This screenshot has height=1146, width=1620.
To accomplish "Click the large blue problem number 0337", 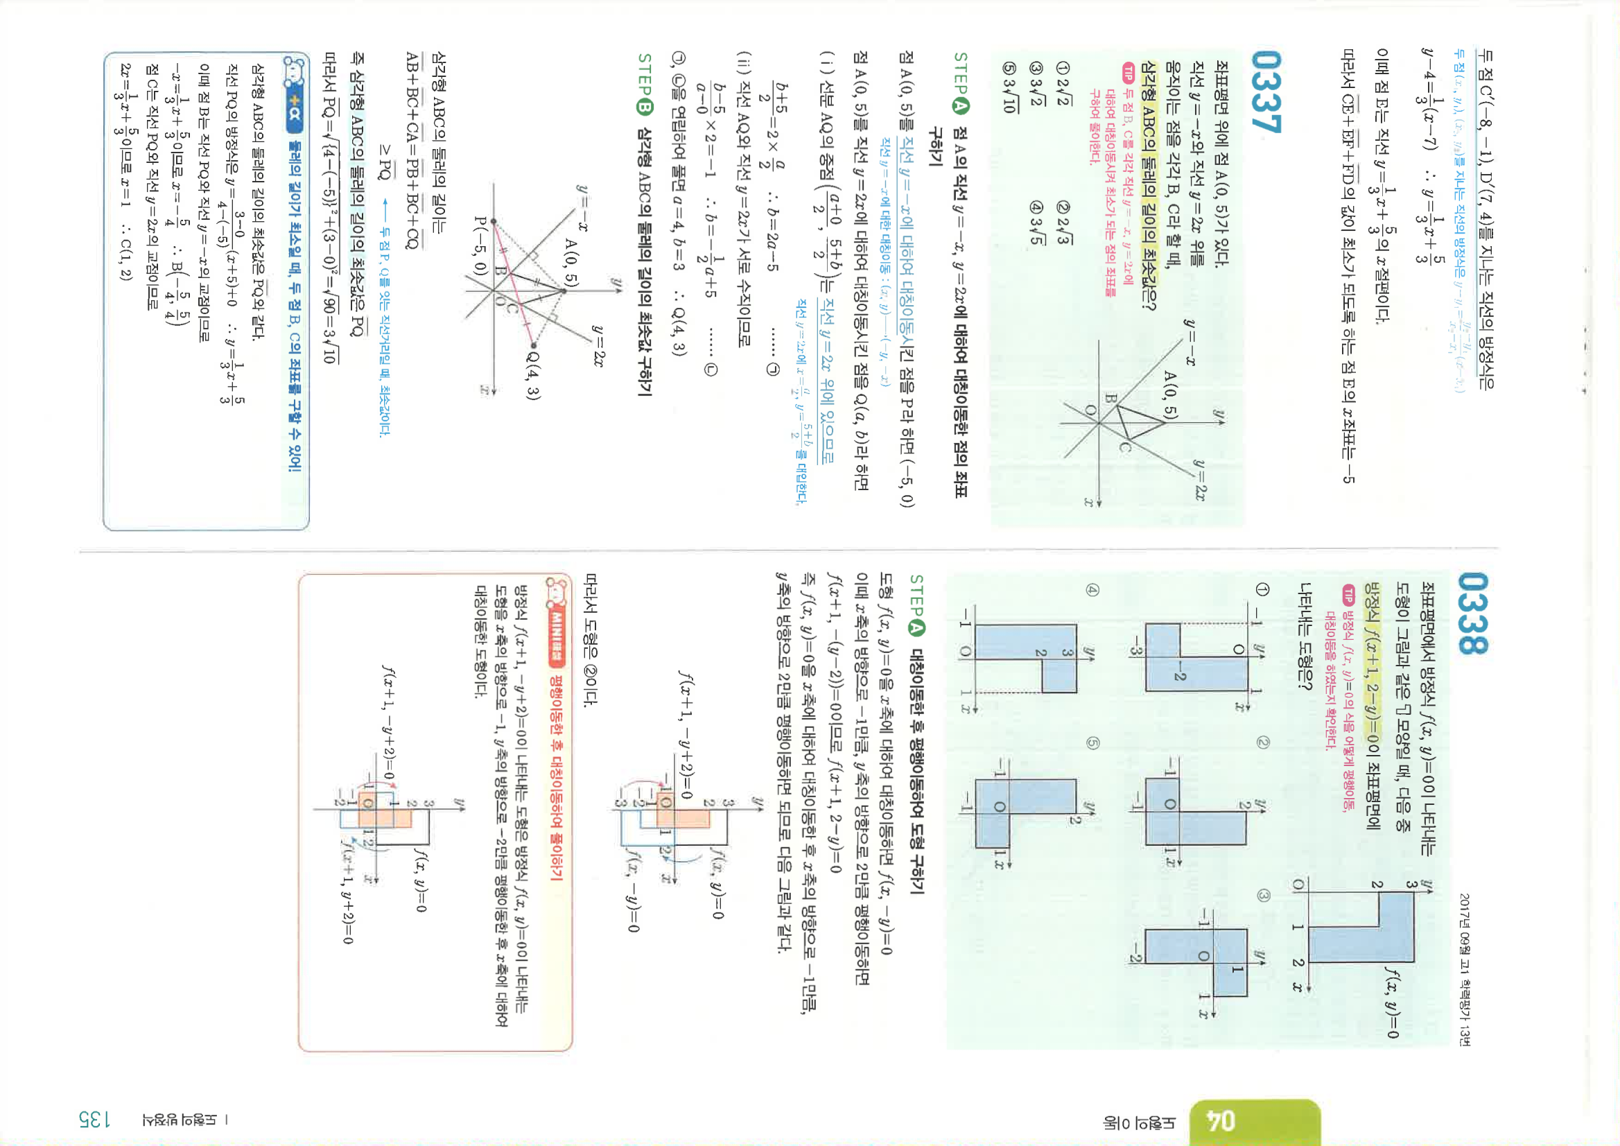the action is coord(1266,91).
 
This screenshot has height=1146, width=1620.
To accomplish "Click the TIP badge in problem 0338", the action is coord(1348,594).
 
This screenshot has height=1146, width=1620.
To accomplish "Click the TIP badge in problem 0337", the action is coord(1129,71).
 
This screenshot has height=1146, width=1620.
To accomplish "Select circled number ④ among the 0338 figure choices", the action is coord(1092,590).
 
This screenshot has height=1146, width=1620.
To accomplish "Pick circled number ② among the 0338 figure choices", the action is coord(1263,743).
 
